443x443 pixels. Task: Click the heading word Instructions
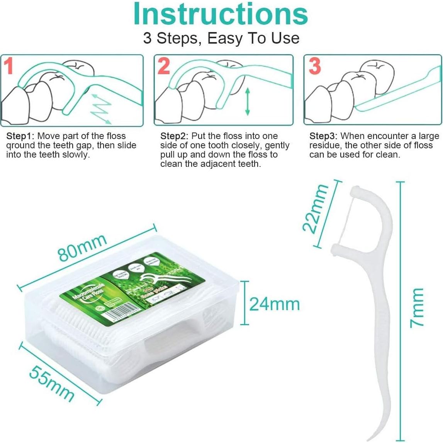[221, 14]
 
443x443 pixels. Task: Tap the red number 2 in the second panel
[164, 66]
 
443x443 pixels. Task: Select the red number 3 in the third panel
[314, 66]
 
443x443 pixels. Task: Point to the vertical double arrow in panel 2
[247, 101]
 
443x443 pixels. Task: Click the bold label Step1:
[20, 136]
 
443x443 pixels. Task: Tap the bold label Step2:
[174, 136]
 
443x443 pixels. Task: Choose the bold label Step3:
[323, 136]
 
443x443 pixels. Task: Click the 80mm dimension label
[82, 247]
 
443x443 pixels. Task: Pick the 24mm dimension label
[274, 304]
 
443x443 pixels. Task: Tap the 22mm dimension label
[315, 208]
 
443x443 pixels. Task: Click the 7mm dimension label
[417, 308]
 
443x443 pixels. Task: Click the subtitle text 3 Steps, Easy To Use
[221, 38]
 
